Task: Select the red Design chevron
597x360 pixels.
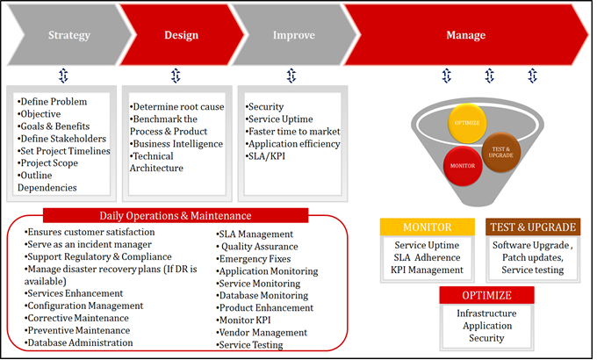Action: (181, 35)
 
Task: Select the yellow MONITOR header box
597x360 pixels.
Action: (427, 227)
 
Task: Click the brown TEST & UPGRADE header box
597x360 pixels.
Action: (534, 227)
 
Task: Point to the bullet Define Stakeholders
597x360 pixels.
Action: (62, 138)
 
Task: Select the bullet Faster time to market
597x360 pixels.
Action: (292, 132)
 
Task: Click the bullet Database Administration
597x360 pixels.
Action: (80, 342)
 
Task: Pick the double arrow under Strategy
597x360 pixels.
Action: (61, 75)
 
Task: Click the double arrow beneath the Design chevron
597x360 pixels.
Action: (176, 75)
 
